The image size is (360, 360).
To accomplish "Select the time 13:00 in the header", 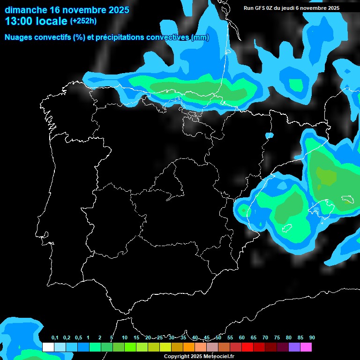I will tap(18, 21).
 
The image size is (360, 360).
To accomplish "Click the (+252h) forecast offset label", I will tap(83, 21).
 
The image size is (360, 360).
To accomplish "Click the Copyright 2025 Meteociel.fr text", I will tap(199, 356).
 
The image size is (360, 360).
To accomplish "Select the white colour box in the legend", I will tap(48, 347).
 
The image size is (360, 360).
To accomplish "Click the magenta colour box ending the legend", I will tap(306, 347).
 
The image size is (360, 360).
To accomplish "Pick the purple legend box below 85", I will tap(294, 347).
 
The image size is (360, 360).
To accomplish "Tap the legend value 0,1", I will tap(55, 338).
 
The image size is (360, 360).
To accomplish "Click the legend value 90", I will tap(312, 338).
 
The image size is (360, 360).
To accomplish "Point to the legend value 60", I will tap(242, 338).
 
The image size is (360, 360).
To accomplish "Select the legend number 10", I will tap(125, 338).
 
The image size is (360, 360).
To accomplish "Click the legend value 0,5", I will tap(78, 338).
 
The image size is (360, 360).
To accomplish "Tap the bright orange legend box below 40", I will tap(189, 347).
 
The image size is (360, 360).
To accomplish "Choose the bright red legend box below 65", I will tap(247, 347).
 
